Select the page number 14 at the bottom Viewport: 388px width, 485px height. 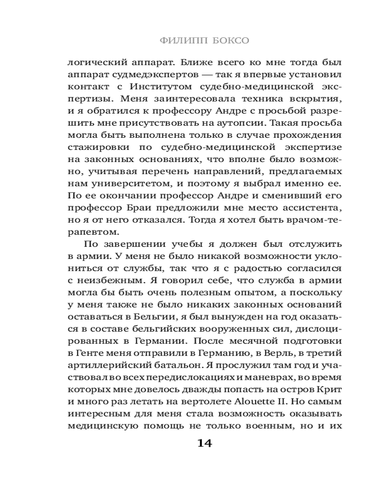(x=205, y=443)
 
